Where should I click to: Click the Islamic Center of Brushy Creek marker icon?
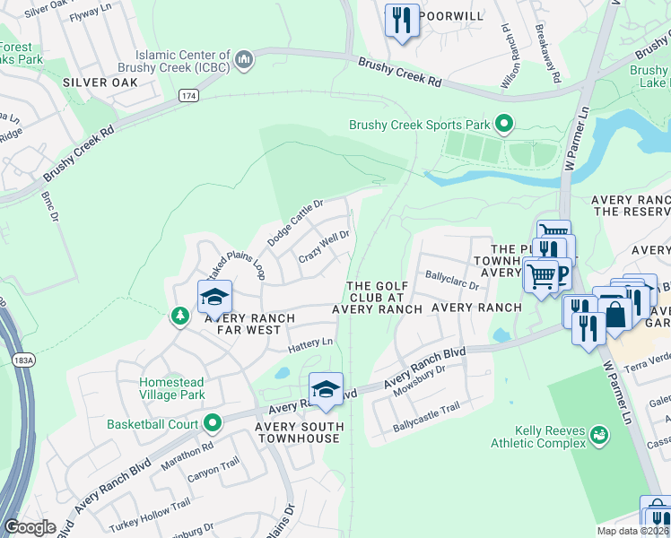[x=244, y=60]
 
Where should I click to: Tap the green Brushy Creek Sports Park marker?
[x=504, y=124]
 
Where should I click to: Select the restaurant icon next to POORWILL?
[x=402, y=20]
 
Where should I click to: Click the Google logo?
[x=30, y=527]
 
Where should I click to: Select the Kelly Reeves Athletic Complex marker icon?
[x=598, y=436]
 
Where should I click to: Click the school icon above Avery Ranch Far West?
[x=215, y=297]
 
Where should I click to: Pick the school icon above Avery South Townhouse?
[x=326, y=389]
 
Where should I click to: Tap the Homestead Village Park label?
[x=172, y=388]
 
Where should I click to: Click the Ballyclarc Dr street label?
[x=452, y=281]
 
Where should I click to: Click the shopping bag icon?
[x=616, y=315]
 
